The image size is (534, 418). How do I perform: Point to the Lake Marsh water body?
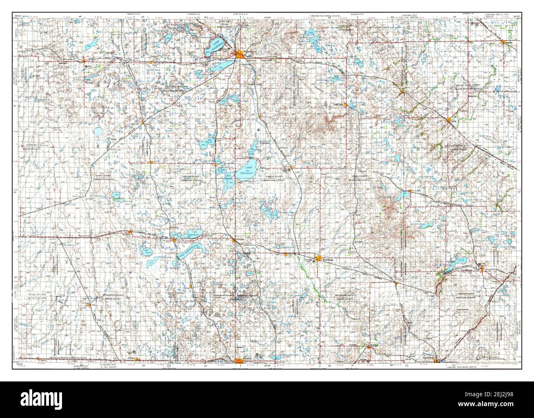[x=204, y=144]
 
